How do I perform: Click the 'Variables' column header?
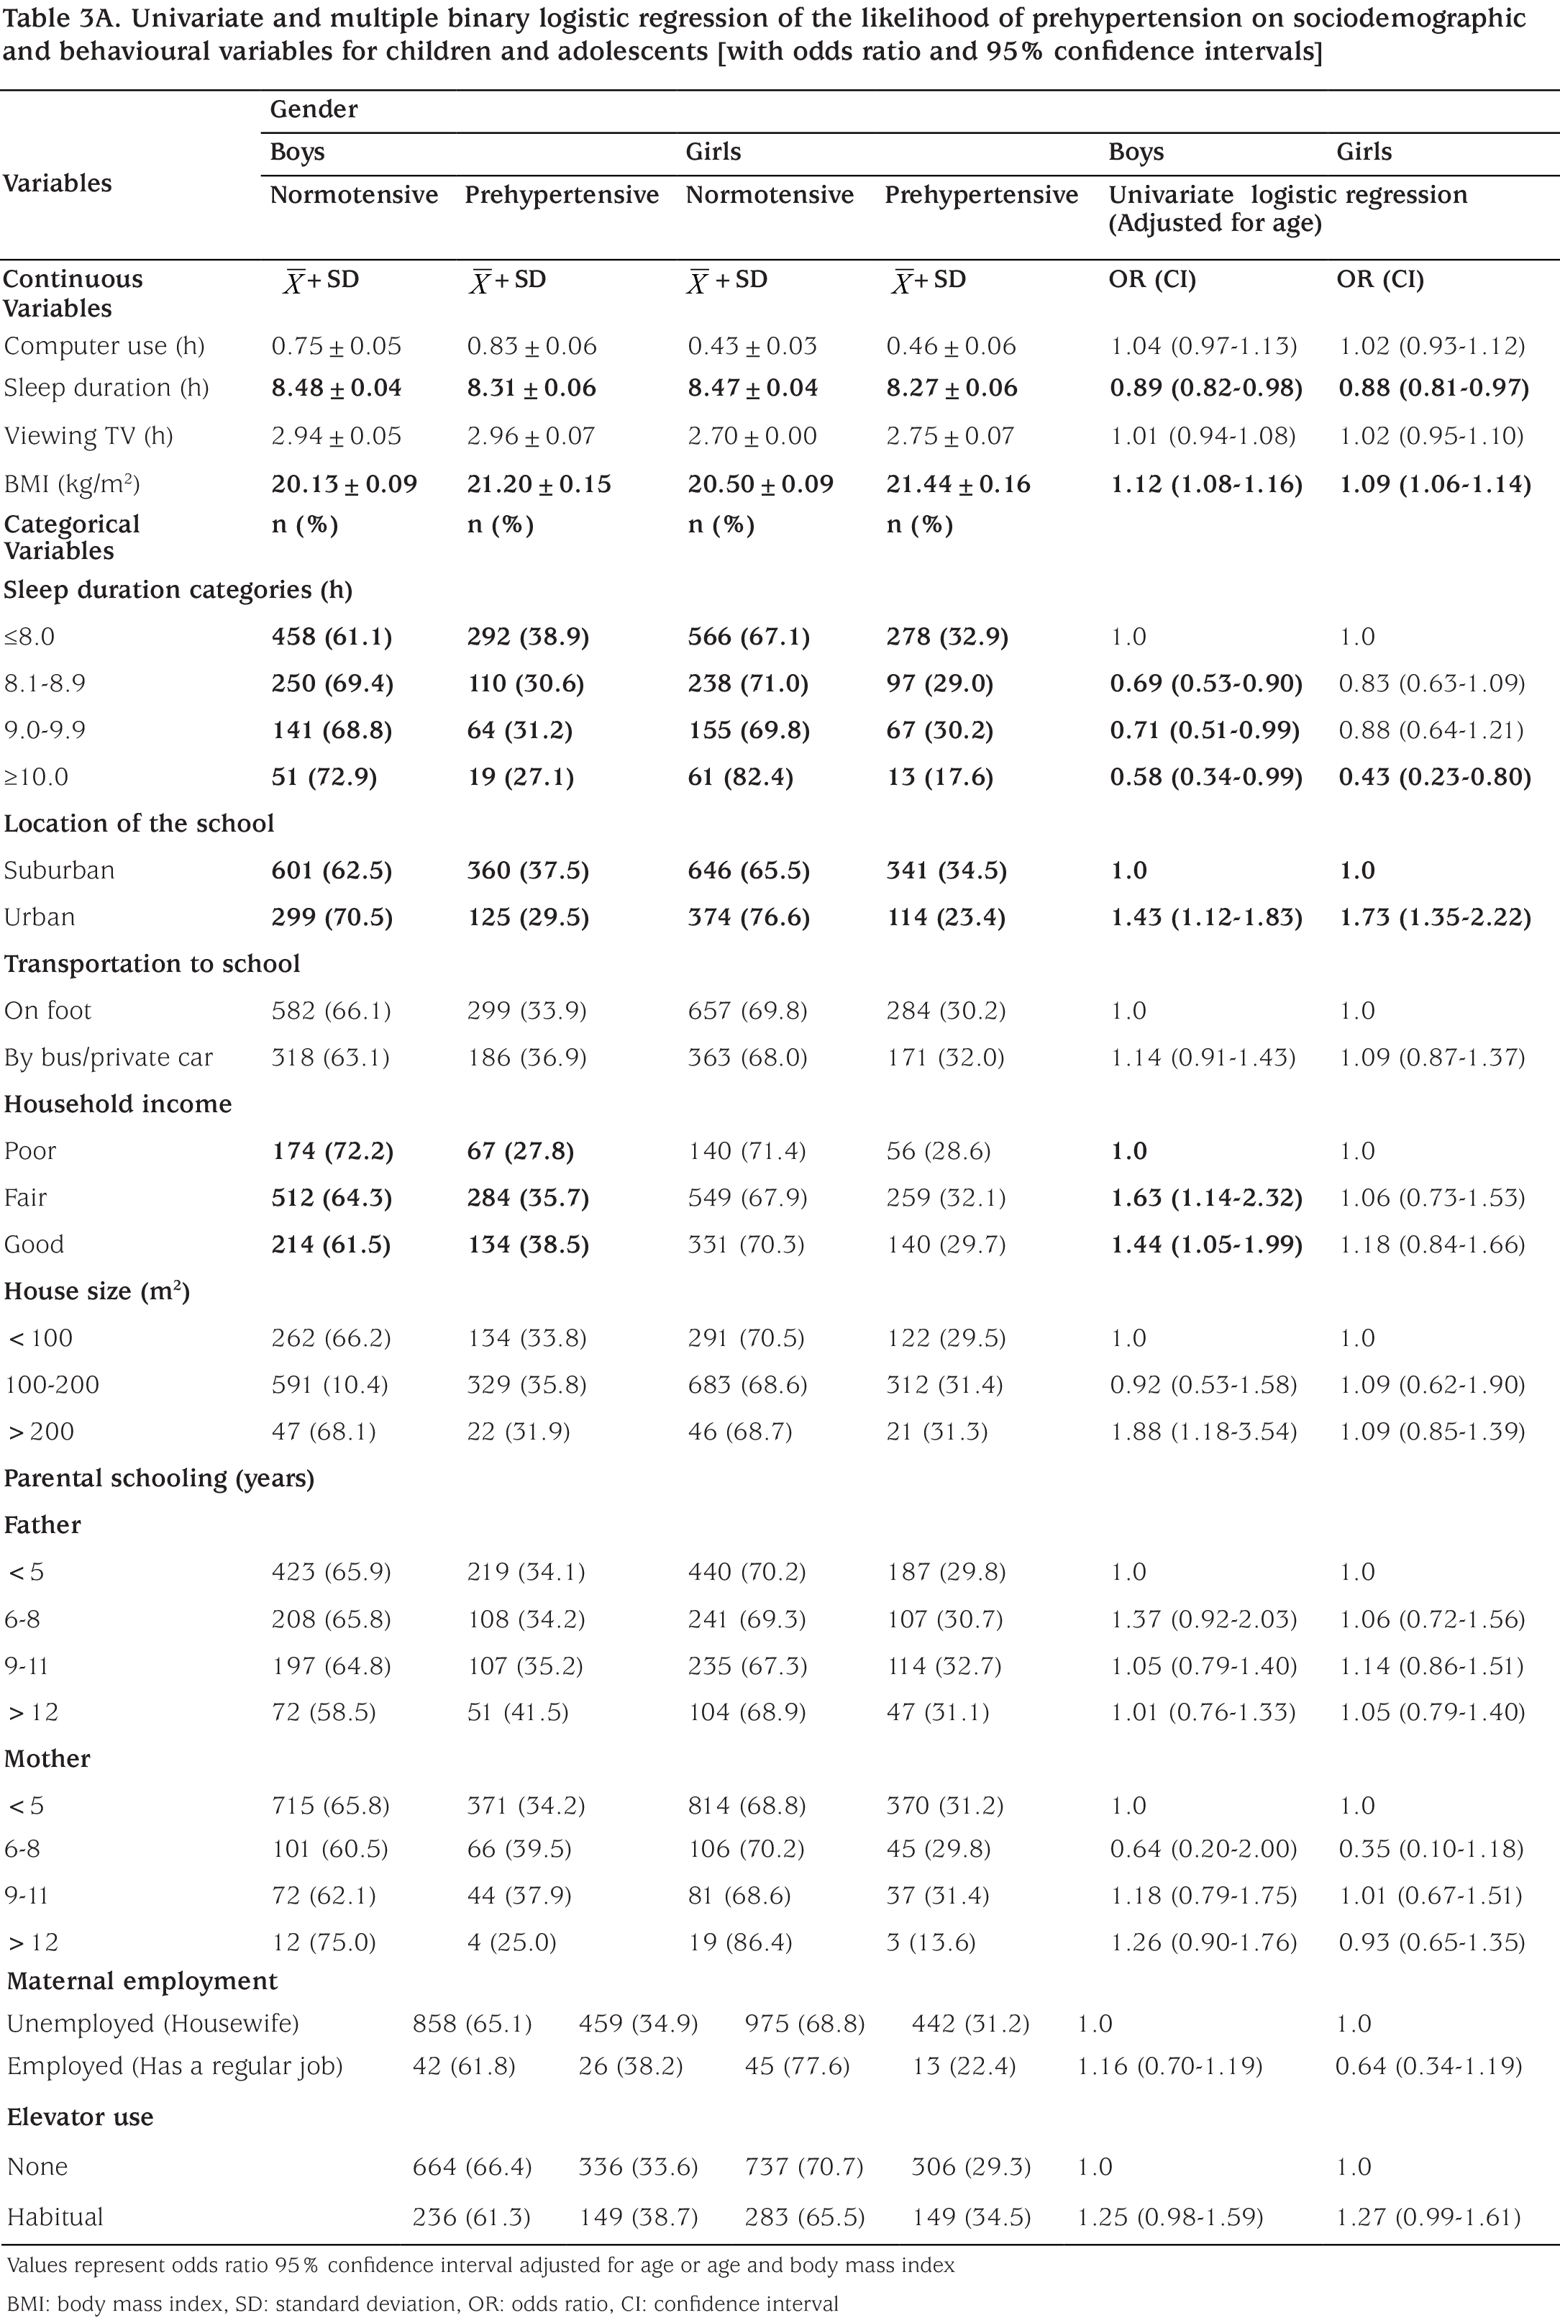pos(57,183)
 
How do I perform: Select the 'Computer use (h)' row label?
pos(104,346)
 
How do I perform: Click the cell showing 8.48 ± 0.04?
pos(337,388)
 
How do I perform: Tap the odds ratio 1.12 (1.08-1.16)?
pos(1206,484)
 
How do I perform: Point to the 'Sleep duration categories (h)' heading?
pos(178,590)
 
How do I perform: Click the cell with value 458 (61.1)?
pos(332,637)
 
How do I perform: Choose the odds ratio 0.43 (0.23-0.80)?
pos(1433,777)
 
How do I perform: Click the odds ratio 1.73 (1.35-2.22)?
pos(1433,917)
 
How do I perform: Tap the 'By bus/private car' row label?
pos(109,1058)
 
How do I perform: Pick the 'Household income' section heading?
pos(117,1104)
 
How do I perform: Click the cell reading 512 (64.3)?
pos(332,1198)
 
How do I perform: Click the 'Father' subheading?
pos(42,1525)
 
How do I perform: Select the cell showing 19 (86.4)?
pos(739,1942)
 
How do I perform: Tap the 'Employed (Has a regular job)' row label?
pos(175,2066)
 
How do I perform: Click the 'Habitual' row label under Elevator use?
pos(55,2217)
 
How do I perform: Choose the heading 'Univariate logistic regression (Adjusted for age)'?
pos(1288,208)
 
